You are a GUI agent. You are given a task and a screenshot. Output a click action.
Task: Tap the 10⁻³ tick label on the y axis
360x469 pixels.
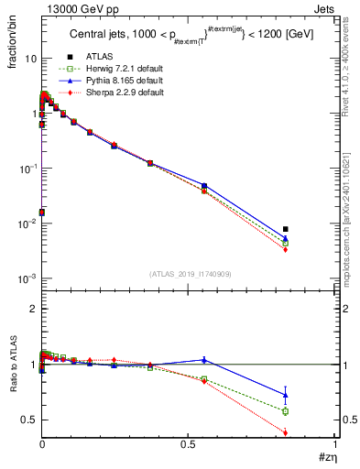click(x=27, y=278)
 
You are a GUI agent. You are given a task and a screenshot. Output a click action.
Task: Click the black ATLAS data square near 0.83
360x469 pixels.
click(x=286, y=229)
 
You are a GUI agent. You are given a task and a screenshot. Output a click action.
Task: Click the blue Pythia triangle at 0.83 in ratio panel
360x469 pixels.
click(x=286, y=395)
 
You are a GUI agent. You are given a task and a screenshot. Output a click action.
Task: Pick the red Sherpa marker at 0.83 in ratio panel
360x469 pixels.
click(x=286, y=432)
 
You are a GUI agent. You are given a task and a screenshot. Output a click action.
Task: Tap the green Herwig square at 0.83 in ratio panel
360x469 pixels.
click(x=286, y=411)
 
